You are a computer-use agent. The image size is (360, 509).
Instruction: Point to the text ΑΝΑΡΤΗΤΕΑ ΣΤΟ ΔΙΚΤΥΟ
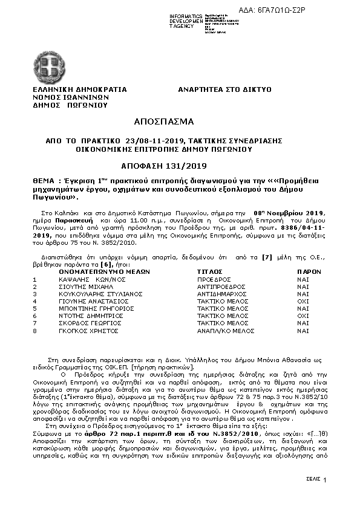[x=224, y=89]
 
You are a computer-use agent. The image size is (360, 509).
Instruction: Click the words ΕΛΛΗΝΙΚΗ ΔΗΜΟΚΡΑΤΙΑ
[x=80, y=89]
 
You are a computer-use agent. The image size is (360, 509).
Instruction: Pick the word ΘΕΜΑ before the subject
[x=46, y=181]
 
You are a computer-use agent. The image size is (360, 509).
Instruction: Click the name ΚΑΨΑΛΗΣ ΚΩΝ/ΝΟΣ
[x=82, y=280]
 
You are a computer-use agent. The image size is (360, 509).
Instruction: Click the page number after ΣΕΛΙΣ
[x=325, y=480]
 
